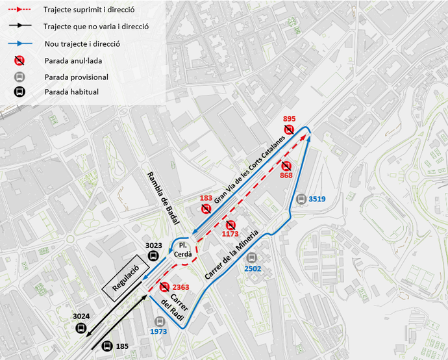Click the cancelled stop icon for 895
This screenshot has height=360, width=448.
tap(289, 130)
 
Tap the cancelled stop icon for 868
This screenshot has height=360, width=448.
tap(286, 166)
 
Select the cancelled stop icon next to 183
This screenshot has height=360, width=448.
tap(206, 209)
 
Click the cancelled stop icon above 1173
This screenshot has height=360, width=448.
tap(230, 225)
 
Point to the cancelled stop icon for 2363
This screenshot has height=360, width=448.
tap(164, 287)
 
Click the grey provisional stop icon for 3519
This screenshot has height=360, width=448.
tap(301, 199)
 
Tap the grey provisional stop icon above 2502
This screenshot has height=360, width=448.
tap(253, 258)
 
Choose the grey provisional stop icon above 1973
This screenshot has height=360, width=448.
tap(160, 321)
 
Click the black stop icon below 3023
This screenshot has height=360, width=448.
tap(154, 255)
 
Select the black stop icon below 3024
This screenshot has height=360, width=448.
tap(81, 328)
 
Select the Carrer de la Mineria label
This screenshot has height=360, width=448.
tap(232, 255)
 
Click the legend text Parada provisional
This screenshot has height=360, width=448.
tap(77, 77)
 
